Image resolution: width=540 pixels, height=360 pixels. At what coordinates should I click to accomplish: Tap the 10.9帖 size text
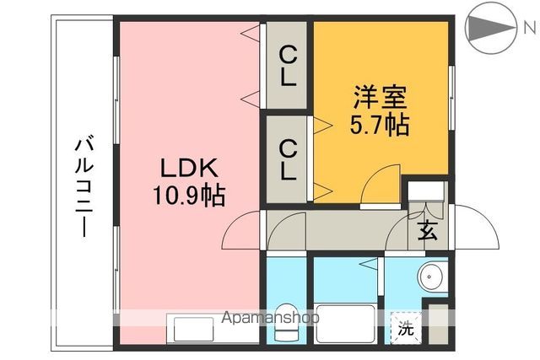point(188,196)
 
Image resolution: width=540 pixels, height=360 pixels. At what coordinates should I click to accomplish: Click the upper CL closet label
point(288,67)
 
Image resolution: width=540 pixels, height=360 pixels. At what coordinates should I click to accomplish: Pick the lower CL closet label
point(288,160)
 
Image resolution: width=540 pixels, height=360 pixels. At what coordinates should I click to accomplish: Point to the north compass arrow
point(487,28)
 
